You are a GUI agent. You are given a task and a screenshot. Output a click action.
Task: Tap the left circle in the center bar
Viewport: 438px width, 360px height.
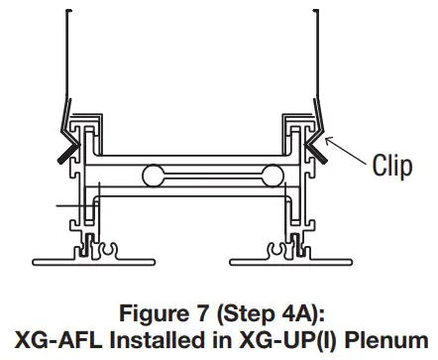pos(153,178)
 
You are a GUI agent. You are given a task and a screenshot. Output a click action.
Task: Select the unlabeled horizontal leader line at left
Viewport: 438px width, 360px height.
pos(73,206)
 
